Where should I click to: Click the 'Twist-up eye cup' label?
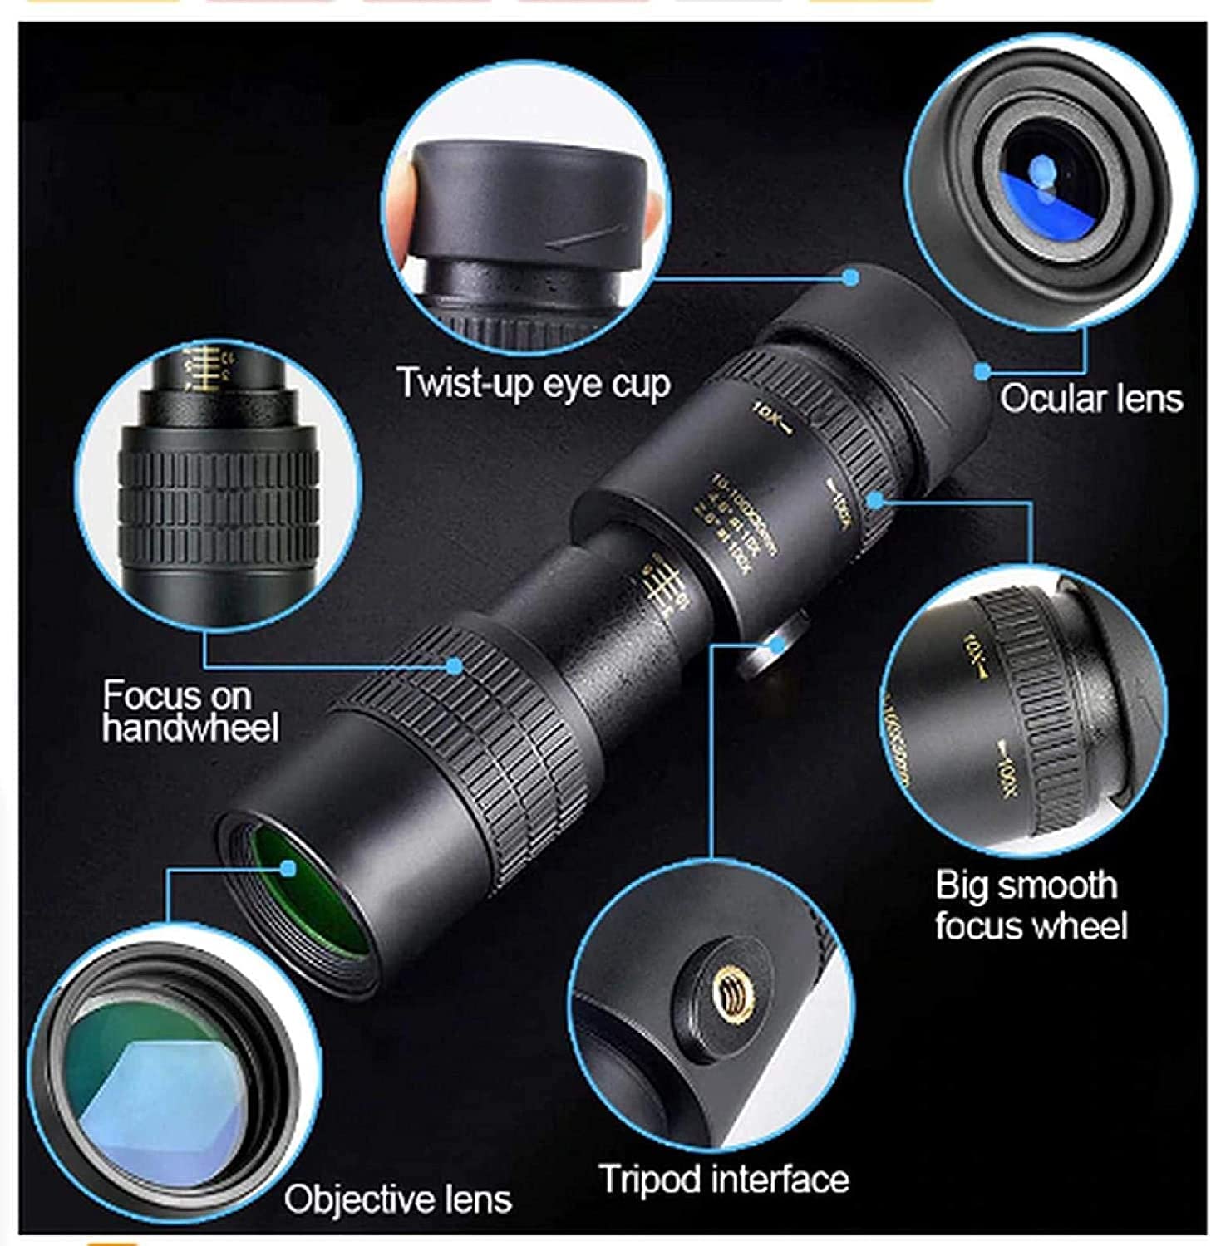pyautogui.click(x=533, y=383)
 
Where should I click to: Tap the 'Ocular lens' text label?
pyautogui.click(x=1090, y=398)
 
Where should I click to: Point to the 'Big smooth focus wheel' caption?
pyautogui.click(x=1030, y=905)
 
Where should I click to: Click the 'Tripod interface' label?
pyautogui.click(x=723, y=1179)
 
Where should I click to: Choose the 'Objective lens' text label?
pyautogui.click(x=397, y=1199)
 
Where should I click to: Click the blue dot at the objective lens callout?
pyautogui.click(x=288, y=868)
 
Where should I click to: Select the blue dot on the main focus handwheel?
pyautogui.click(x=454, y=665)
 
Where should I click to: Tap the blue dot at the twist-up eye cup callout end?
pyautogui.click(x=849, y=277)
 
